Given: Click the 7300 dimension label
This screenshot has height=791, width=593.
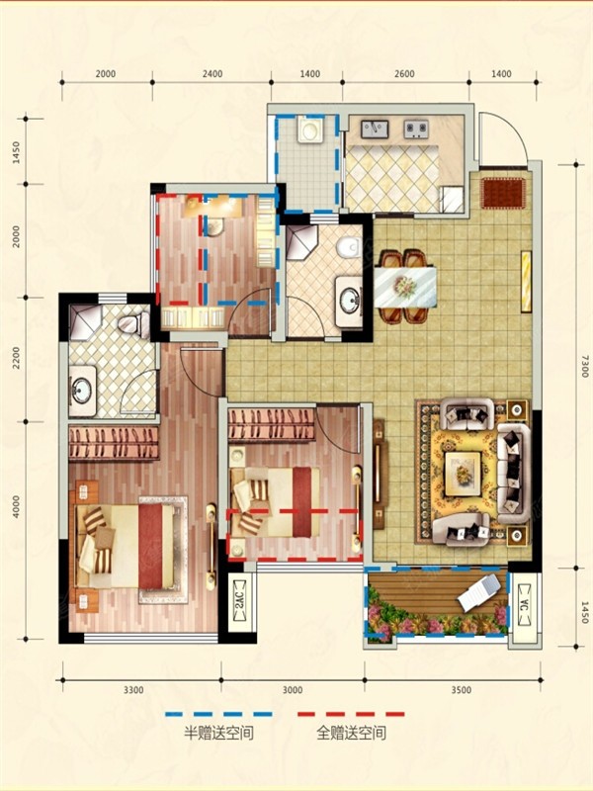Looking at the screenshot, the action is pos(584,366).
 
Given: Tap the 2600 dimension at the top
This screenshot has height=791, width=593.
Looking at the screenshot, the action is pos(404,74).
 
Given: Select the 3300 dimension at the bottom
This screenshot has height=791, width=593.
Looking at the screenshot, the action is pos(133,690).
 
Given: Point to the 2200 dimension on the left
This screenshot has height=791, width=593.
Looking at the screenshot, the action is pos(16,357).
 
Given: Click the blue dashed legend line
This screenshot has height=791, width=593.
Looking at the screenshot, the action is pos(218,714).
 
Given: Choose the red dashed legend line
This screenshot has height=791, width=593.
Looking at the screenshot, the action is pos(351,714).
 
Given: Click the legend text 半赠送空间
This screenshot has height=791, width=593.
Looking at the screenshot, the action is pos(218,733).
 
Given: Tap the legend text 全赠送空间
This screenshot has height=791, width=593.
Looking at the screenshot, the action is pos(352,733).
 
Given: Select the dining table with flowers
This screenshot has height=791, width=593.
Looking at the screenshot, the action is pos(405,287).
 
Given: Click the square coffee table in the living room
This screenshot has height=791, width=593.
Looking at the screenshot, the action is pos(463,474).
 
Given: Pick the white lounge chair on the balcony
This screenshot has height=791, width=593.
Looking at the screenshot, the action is pos(479,592).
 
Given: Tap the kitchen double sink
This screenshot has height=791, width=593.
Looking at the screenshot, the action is pos(375,129).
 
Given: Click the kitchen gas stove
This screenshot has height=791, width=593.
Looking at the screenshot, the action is pos(416,129).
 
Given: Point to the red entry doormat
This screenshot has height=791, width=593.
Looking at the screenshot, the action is pos(503,193).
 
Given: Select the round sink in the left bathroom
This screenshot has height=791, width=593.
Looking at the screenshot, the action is pos(81,391).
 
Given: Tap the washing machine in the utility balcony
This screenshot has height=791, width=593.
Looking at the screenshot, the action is pos(308,130).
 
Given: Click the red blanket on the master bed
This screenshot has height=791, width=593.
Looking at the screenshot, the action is pos(151,547).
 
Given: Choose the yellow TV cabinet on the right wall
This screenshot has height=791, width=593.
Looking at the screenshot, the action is pos(527,281).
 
